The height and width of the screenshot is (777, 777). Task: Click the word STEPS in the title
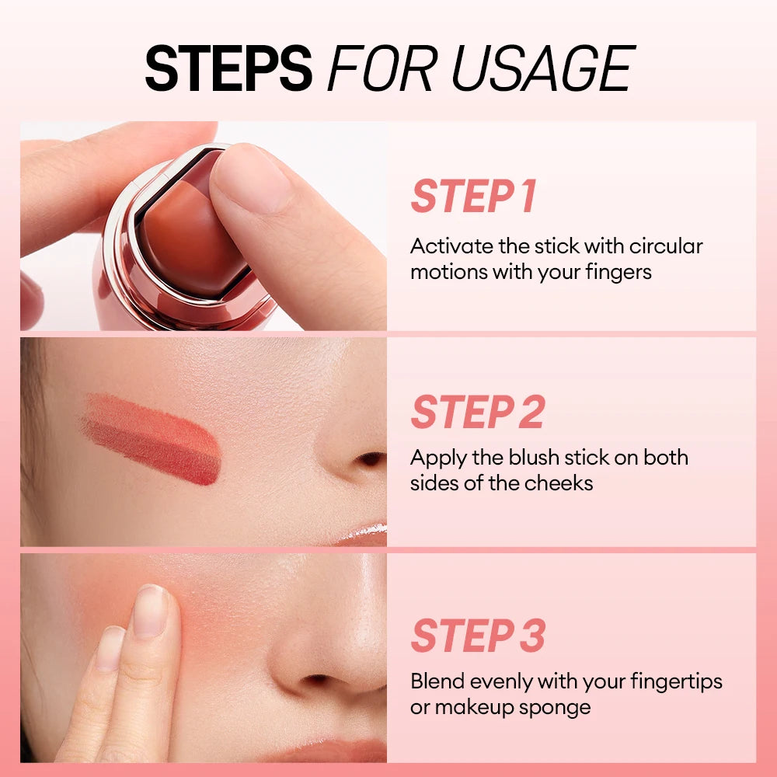coord(228,68)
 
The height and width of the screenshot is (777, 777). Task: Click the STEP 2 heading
coord(477,413)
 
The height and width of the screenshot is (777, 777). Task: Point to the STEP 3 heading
coord(478,636)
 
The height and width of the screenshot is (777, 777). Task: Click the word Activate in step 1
coord(450,246)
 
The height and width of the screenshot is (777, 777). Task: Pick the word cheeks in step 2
coord(556,483)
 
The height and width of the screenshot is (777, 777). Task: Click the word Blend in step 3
coord(436,681)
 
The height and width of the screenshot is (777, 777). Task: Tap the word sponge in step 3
coord(556,708)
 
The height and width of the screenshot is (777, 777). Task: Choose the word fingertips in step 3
coord(676,682)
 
